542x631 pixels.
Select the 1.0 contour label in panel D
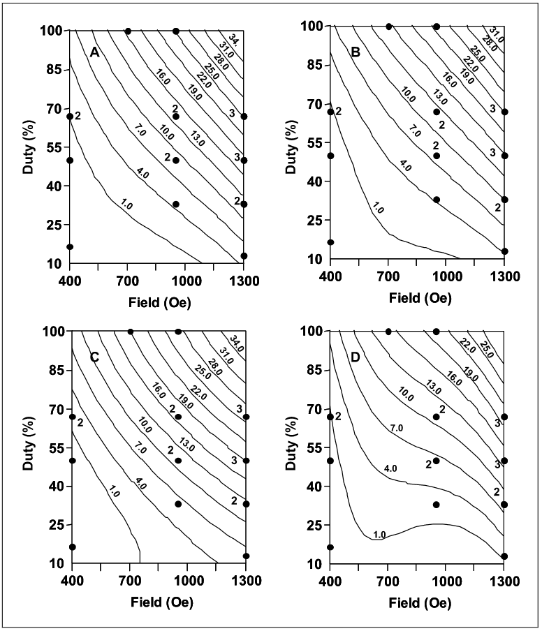pyautogui.click(x=379, y=535)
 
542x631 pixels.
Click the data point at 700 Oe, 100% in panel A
pyautogui.click(x=128, y=31)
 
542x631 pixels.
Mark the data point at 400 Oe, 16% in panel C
pyautogui.click(x=72, y=547)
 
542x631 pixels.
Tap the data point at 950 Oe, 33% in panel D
pyautogui.click(x=437, y=505)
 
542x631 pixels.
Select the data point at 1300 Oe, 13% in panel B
pyautogui.click(x=504, y=251)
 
